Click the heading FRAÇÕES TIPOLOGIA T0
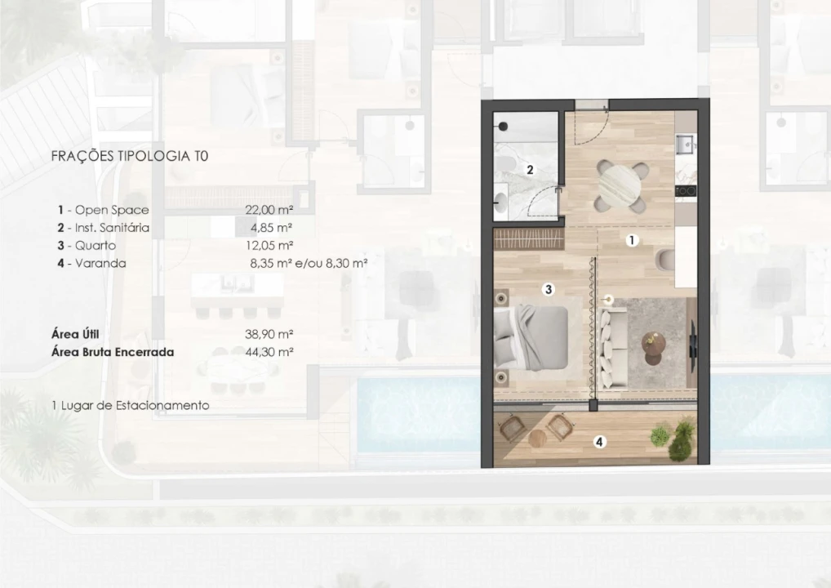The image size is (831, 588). tap(130, 156)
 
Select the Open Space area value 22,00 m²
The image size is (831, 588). tap(269, 209)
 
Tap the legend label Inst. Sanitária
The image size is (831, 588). tap(112, 228)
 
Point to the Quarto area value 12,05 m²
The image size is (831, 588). tap(269, 245)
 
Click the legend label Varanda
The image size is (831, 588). tap(100, 263)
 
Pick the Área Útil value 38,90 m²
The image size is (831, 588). tap(269, 334)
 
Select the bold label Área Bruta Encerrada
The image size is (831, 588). tap(113, 351)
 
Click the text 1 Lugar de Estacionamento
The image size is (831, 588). tap(131, 405)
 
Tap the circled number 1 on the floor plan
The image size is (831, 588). tap(632, 240)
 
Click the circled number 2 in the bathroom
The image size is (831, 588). tap(530, 170)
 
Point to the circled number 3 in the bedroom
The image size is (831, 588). tap(549, 289)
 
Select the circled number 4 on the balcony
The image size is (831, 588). tap(599, 441)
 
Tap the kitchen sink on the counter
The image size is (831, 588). tap(685, 144)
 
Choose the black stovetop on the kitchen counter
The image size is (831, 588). tap(684, 191)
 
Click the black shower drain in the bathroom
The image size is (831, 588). tap(503, 127)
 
